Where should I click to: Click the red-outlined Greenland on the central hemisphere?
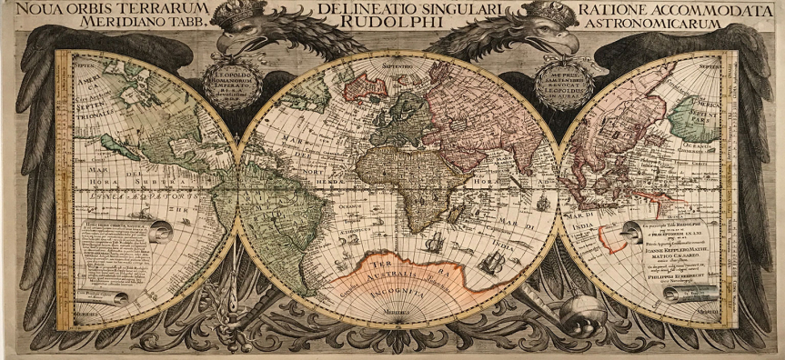click(x=364, y=86)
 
